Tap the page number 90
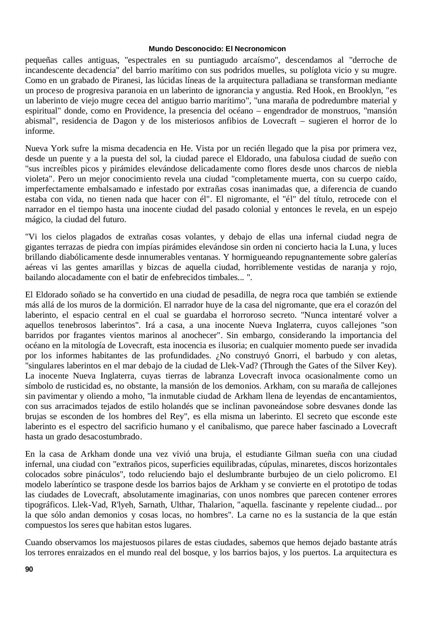29,569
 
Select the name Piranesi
134,80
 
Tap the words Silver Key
373,365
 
